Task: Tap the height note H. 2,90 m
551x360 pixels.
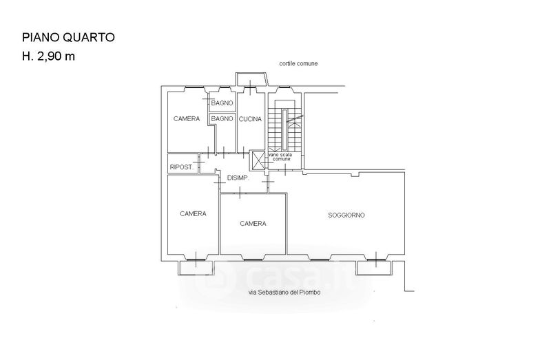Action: (49, 56)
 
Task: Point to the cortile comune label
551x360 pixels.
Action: (299, 63)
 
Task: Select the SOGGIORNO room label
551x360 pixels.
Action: (346, 215)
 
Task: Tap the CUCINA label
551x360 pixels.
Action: (251, 119)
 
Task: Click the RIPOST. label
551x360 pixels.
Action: (181, 167)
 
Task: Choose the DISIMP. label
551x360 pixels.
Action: (238, 178)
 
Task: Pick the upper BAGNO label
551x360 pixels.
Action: (222, 103)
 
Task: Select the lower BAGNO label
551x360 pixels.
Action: (222, 119)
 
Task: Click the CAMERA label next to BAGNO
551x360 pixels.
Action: (187, 119)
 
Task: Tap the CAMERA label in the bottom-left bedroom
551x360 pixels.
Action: (193, 213)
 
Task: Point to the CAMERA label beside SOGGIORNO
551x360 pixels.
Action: (253, 223)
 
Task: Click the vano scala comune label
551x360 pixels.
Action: (284, 158)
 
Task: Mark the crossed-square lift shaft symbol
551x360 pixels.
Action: (258, 161)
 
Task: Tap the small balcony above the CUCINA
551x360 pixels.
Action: (249, 78)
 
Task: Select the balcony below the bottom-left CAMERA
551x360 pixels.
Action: (196, 266)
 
